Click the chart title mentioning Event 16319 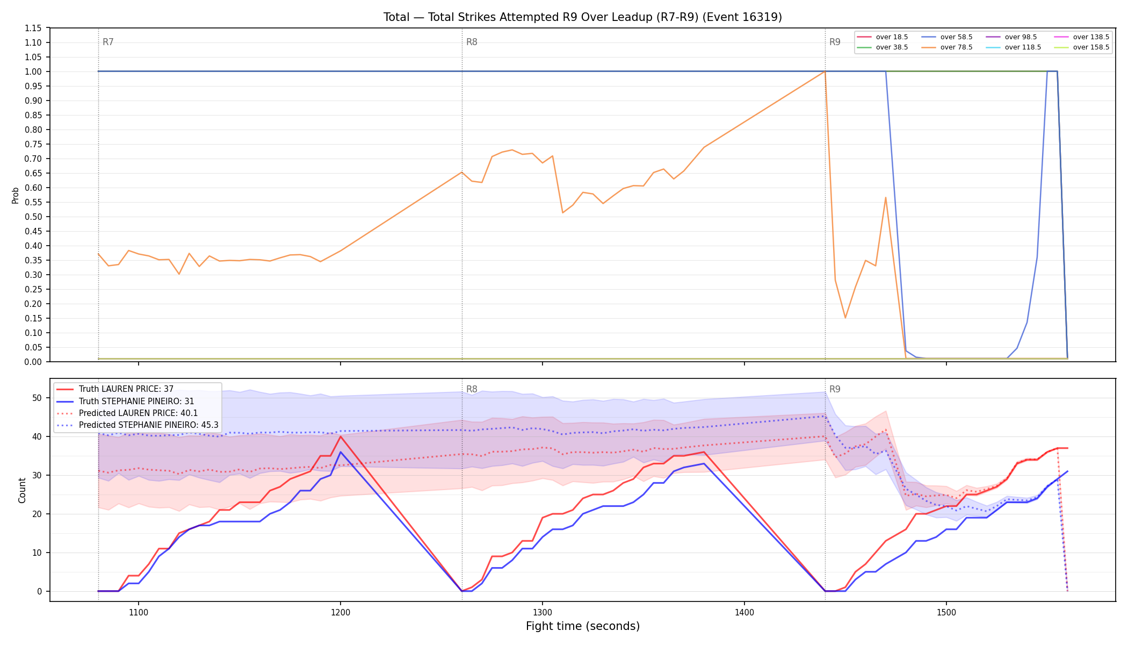pyautogui.click(x=583, y=17)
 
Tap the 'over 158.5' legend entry pyautogui.click(x=1081, y=47)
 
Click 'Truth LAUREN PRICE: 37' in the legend pyautogui.click(x=115, y=389)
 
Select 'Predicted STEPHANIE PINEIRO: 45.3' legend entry pyautogui.click(x=138, y=425)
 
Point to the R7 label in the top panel pyautogui.click(x=108, y=42)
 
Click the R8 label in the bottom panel pyautogui.click(x=472, y=389)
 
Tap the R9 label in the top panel pyautogui.click(x=835, y=42)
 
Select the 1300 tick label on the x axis pyautogui.click(x=543, y=612)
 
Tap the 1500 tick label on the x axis pyautogui.click(x=946, y=612)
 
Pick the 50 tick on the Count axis pyautogui.click(x=37, y=398)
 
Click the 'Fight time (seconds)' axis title pyautogui.click(x=583, y=626)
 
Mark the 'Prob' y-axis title pyautogui.click(x=16, y=195)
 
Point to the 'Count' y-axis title pyautogui.click(x=22, y=490)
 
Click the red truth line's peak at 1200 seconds pyautogui.click(x=341, y=436)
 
